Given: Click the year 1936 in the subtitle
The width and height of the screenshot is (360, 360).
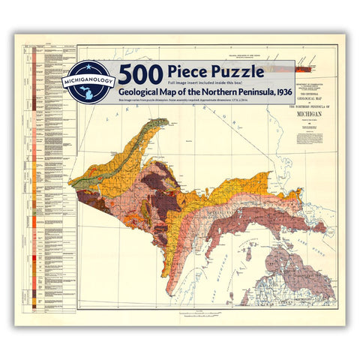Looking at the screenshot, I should pos(275,92).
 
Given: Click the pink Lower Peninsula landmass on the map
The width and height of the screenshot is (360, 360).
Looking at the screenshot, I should pos(300,262).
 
